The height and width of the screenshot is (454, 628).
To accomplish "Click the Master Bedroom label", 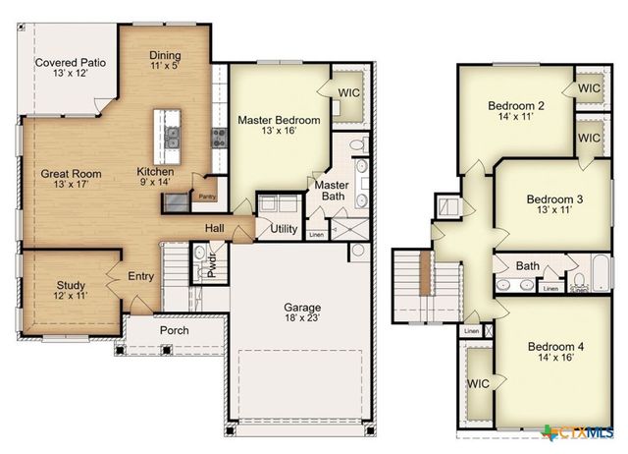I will [x=279, y=126].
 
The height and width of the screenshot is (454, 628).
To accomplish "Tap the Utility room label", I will [x=285, y=229].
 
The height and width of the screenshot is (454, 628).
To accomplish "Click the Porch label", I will [x=174, y=330].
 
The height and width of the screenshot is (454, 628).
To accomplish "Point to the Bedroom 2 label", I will [x=516, y=110].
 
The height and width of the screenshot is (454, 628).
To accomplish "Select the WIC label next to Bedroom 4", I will [x=479, y=383].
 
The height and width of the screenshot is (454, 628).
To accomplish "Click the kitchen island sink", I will [x=173, y=138].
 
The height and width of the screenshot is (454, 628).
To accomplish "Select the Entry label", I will [x=141, y=277].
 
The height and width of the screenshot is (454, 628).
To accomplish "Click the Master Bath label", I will [x=331, y=191].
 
